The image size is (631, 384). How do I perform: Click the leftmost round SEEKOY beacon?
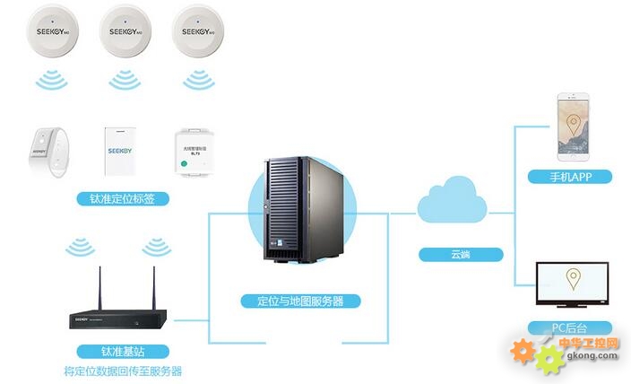click(x=53, y=33)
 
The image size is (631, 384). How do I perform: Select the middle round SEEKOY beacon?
click(x=124, y=33)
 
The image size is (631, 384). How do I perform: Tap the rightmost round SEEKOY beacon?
click(x=196, y=33)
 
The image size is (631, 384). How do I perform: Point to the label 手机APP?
click(x=570, y=176)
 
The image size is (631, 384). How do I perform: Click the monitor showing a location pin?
click(x=571, y=286)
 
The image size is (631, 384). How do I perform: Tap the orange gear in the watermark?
click(x=524, y=352)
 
